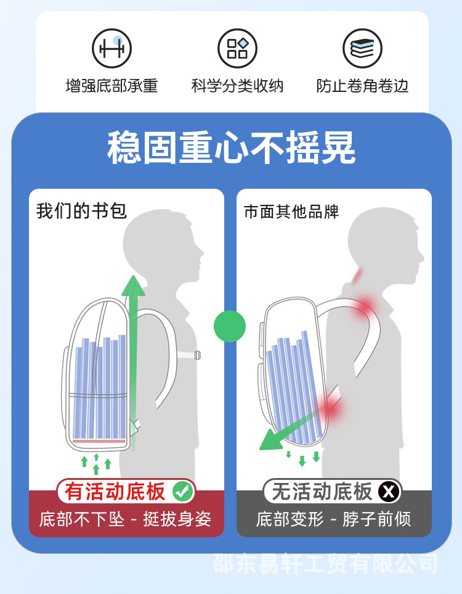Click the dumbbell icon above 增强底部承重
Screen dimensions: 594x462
[x=111, y=49]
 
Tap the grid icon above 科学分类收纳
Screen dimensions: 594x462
[x=237, y=49]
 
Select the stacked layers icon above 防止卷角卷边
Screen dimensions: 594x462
[x=362, y=49]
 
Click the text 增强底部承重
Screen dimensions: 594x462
[x=111, y=86]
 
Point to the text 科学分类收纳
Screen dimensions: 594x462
[x=237, y=86]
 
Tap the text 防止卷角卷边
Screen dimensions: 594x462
[x=362, y=86]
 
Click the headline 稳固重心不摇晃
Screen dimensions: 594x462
[x=231, y=147]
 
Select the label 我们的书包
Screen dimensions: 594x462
[x=81, y=211]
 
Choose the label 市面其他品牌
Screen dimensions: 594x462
[x=291, y=212]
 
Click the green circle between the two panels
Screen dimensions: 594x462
[x=230, y=326]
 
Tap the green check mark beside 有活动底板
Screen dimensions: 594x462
[x=183, y=492]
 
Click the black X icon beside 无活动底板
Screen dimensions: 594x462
[x=389, y=492]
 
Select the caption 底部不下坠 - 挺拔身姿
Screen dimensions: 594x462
[x=126, y=519]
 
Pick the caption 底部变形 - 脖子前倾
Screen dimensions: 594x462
[x=333, y=519]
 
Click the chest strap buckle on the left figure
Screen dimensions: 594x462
[x=198, y=355]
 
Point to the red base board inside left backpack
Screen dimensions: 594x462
[x=99, y=442]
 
